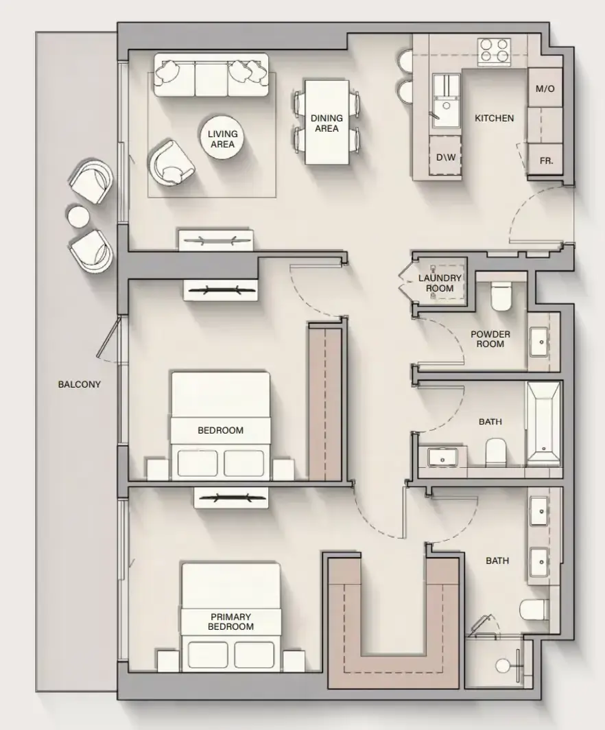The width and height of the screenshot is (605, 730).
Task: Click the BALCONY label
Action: coord(79,384)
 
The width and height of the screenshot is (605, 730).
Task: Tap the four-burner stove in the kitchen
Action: coord(494,51)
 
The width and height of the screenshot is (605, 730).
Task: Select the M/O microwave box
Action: coord(545,88)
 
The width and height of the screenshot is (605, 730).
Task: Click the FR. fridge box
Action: coord(545,160)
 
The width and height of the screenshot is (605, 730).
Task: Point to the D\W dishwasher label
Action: coord(445,157)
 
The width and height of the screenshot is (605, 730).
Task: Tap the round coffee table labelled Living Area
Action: coord(222,139)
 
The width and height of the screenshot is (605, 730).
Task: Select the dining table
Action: coord(327,122)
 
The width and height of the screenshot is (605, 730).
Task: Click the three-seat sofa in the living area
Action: coord(211,75)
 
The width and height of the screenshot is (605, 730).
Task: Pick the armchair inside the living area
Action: coord(171,161)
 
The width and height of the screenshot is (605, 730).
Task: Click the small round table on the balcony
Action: coord(79,217)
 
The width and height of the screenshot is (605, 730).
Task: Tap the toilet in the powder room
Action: coord(501,296)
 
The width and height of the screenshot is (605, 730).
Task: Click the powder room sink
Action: coord(541,342)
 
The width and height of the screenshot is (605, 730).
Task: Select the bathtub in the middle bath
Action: coord(543,424)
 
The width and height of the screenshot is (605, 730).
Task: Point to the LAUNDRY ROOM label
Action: coord(439,283)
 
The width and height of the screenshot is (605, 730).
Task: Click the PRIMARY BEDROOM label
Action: coord(231,622)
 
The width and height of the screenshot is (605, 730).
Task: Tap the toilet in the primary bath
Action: coord(535,610)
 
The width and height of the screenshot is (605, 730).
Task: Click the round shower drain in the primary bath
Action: coord(503,666)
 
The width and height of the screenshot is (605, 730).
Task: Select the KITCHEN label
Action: coord(495,118)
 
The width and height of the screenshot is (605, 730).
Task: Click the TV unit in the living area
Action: coord(216,240)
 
